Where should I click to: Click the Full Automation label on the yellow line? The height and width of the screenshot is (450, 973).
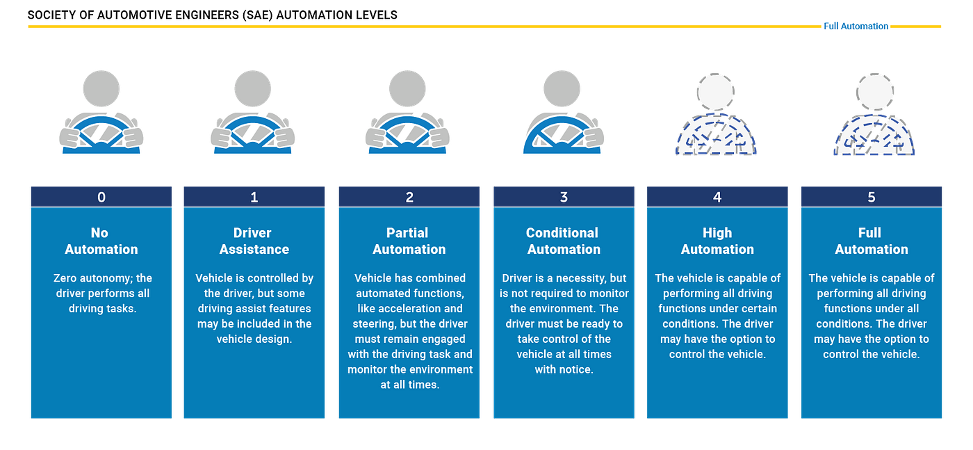[856, 26]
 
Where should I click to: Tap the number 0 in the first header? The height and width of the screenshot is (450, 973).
[101, 198]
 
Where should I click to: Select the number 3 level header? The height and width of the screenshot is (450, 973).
[564, 198]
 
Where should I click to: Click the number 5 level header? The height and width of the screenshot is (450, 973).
[872, 198]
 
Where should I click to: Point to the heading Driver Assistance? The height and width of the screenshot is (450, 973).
[254, 241]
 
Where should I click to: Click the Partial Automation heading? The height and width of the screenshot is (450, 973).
[409, 241]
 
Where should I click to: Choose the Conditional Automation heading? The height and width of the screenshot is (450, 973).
[563, 241]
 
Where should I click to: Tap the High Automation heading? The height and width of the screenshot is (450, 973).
[717, 241]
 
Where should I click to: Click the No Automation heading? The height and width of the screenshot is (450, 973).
[101, 241]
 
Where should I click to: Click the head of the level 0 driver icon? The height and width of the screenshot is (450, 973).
[101, 88]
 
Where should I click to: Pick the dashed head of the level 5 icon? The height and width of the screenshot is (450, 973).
[874, 90]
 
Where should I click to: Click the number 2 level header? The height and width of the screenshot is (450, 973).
[409, 198]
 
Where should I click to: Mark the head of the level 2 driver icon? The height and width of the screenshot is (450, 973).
[407, 88]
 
